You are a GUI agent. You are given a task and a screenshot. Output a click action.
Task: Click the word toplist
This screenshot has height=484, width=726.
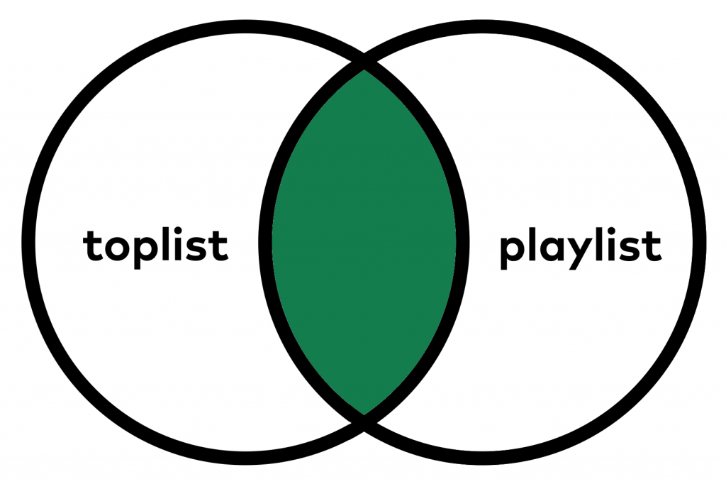pyautogui.click(x=155, y=245)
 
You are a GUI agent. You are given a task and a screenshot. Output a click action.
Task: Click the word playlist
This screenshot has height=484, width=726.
pyautogui.click(x=580, y=248)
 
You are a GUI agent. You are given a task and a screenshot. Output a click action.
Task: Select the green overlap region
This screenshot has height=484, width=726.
pyautogui.click(x=363, y=241)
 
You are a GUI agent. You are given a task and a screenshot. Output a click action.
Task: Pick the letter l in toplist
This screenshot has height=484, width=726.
pyautogui.click(x=169, y=243)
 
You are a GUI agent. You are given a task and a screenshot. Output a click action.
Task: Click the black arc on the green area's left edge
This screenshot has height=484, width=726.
pyautogui.click(x=265, y=241)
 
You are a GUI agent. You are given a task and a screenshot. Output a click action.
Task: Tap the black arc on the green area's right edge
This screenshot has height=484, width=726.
pyautogui.click(x=462, y=241)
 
